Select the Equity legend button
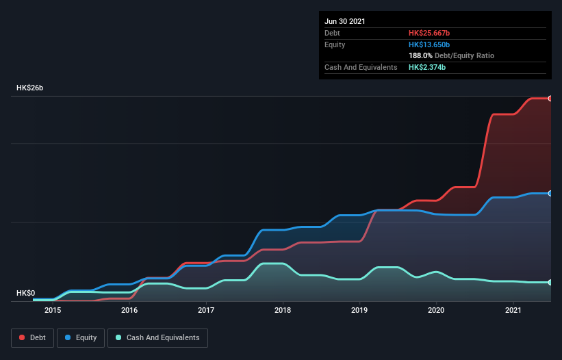pos(81,337)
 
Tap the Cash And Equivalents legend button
pos(157,337)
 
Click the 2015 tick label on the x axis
pos(53,310)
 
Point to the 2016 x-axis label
pos(129,310)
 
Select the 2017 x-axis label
pos(206,310)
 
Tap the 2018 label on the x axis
pos(283,310)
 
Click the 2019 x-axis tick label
pos(359,310)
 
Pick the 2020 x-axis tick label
pos(436,310)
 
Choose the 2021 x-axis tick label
pos(513,310)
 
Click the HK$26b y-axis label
pos(30,88)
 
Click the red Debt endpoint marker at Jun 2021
pos(550,99)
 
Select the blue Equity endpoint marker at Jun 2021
pos(550,194)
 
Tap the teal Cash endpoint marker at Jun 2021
pos(550,282)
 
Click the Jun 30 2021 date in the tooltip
pos(345,21)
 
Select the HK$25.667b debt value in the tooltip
pos(429,33)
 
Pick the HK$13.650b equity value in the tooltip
pos(429,44)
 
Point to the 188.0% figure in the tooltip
pos(420,55)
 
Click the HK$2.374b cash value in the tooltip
pos(427,67)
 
